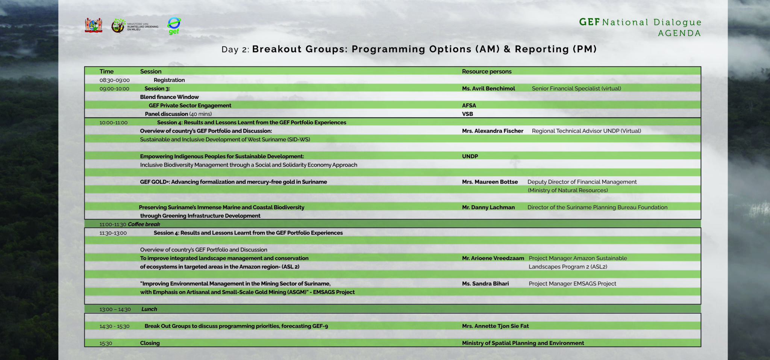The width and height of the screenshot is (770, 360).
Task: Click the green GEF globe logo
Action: click(174, 26)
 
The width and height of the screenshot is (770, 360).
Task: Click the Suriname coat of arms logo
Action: click(94, 26)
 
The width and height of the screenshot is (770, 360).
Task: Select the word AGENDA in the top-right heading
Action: click(679, 33)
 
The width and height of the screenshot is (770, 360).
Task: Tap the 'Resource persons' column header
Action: click(487, 71)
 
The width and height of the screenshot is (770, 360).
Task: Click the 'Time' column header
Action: click(106, 71)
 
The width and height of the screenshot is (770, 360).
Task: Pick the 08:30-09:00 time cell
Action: click(115, 80)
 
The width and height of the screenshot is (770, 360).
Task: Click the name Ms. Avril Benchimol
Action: click(488, 89)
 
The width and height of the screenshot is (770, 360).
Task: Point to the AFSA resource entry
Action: click(469, 106)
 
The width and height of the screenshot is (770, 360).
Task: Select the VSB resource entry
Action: click(467, 114)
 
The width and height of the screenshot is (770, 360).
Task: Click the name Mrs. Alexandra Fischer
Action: click(493, 131)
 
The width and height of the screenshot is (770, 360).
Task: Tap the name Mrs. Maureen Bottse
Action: click(490, 182)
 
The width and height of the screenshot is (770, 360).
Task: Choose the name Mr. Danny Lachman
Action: click(488, 207)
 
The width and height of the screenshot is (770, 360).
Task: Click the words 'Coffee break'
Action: click(144, 224)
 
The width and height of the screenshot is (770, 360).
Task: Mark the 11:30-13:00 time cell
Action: click(113, 233)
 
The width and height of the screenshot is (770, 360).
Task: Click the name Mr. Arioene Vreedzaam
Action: click(493, 258)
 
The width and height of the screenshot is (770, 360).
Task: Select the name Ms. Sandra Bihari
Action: click(485, 284)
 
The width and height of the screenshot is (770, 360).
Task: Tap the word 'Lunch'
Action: click(149, 309)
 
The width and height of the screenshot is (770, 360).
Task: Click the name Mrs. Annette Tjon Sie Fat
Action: click(495, 326)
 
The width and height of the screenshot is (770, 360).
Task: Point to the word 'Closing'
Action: click(150, 343)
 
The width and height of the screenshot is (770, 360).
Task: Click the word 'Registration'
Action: click(169, 80)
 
